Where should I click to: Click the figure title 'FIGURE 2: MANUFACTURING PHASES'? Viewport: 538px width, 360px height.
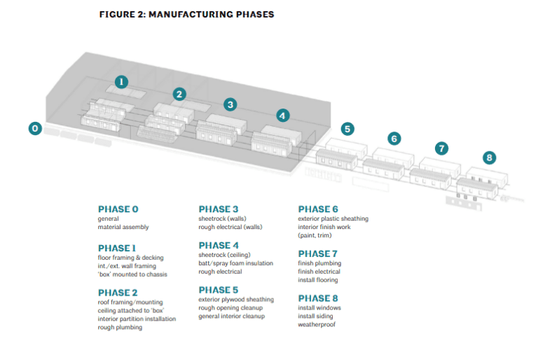click(186, 14)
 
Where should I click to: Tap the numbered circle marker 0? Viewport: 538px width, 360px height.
click(34, 128)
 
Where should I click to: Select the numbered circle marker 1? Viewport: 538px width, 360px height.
click(121, 81)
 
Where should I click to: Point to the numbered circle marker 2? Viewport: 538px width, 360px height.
click(180, 93)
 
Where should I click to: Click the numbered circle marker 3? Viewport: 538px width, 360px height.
click(230, 104)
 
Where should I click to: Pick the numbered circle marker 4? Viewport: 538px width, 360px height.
click(282, 116)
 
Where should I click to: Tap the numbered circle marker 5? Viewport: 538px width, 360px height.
click(348, 128)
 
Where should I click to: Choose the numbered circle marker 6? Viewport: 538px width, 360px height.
click(394, 139)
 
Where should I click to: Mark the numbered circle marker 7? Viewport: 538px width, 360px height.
click(441, 148)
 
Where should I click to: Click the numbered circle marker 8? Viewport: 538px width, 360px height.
click(489, 158)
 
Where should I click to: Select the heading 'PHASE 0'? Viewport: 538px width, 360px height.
click(118, 209)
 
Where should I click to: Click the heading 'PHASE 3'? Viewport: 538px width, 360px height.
click(219, 209)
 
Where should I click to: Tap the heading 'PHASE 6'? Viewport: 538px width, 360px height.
click(318, 209)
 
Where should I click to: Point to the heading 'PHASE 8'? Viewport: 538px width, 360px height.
click(318, 298)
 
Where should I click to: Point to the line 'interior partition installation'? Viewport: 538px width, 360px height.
click(137, 319)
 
